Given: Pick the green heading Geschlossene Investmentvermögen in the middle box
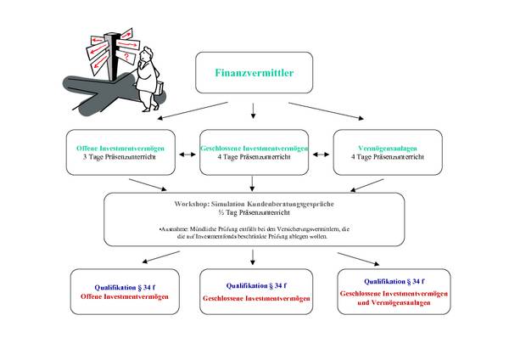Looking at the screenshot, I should click(x=254, y=149).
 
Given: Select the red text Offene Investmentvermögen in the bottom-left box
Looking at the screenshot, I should click(x=125, y=296).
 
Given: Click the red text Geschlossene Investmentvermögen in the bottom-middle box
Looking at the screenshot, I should click(x=254, y=299).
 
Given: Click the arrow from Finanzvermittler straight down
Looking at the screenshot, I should click(x=253, y=110).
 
